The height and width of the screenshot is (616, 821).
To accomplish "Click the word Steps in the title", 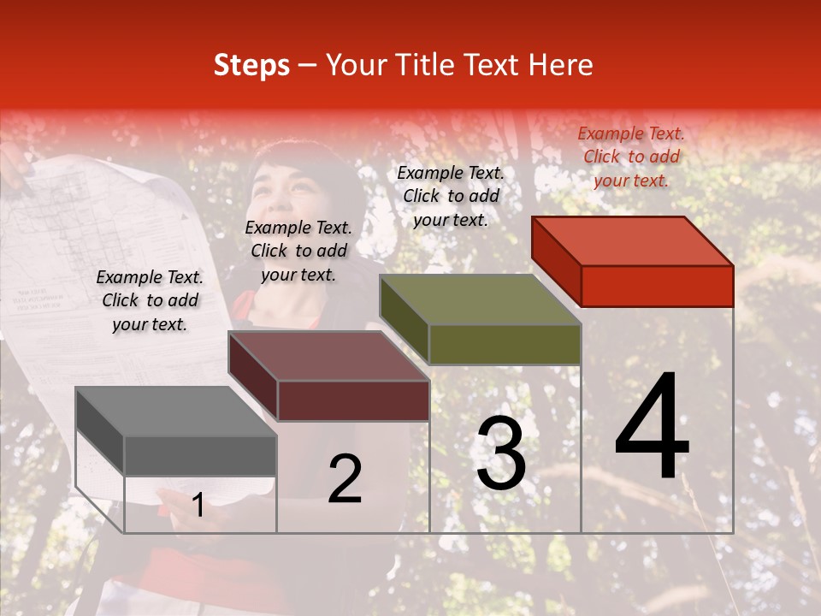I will pos(251,66).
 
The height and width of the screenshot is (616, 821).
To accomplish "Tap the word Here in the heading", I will pos(561,66).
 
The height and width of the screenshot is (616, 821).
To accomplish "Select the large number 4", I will pos(652,428).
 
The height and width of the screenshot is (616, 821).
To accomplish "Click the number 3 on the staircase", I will pos(501,453).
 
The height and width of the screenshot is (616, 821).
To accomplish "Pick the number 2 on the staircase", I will pos(345,479).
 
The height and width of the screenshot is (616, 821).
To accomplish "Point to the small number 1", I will pos(198,506).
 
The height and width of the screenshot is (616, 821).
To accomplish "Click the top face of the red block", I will pos(633,240).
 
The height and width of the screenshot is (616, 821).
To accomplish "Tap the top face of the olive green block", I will pos(481,299).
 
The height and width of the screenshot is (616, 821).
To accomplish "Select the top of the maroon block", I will pos(328,356).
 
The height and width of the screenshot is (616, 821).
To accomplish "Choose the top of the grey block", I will pos(176,412).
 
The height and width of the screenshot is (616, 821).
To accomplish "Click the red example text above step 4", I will pos(631,157).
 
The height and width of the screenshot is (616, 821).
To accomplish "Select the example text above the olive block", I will pos(451,196).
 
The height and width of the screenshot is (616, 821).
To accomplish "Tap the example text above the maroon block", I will pos(298,251).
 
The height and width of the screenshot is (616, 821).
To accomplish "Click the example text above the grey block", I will pos(150,300).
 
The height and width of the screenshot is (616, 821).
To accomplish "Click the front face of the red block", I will pos(657,286).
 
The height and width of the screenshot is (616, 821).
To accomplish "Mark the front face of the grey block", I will pos(200,456).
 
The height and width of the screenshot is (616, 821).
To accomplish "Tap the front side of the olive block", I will pos(505,344).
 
